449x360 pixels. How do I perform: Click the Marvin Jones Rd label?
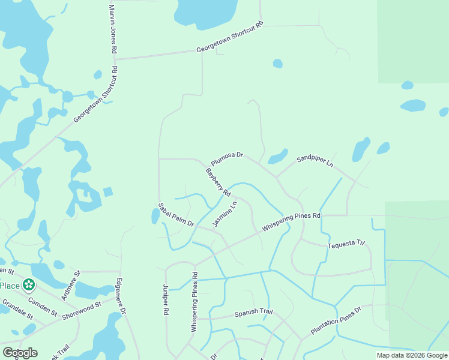click(112, 29)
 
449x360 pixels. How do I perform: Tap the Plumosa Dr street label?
click(227, 158)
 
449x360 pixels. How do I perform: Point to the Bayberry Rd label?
click(218, 182)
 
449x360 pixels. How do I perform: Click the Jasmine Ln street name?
click(225, 214)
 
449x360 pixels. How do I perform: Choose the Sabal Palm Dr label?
click(176, 215)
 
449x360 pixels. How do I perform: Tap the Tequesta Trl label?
click(346, 245)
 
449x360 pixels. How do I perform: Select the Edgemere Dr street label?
click(121, 296)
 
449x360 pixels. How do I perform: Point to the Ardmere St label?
click(70, 286)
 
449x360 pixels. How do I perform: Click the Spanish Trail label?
click(253, 313)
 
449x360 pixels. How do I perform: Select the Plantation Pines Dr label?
click(336, 320)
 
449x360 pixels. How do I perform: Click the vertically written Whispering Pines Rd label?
click(194, 302)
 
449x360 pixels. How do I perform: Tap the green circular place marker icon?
click(28, 284)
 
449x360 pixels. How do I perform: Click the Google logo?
click(19, 353)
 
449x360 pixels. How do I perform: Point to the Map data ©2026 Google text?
click(411, 355)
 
